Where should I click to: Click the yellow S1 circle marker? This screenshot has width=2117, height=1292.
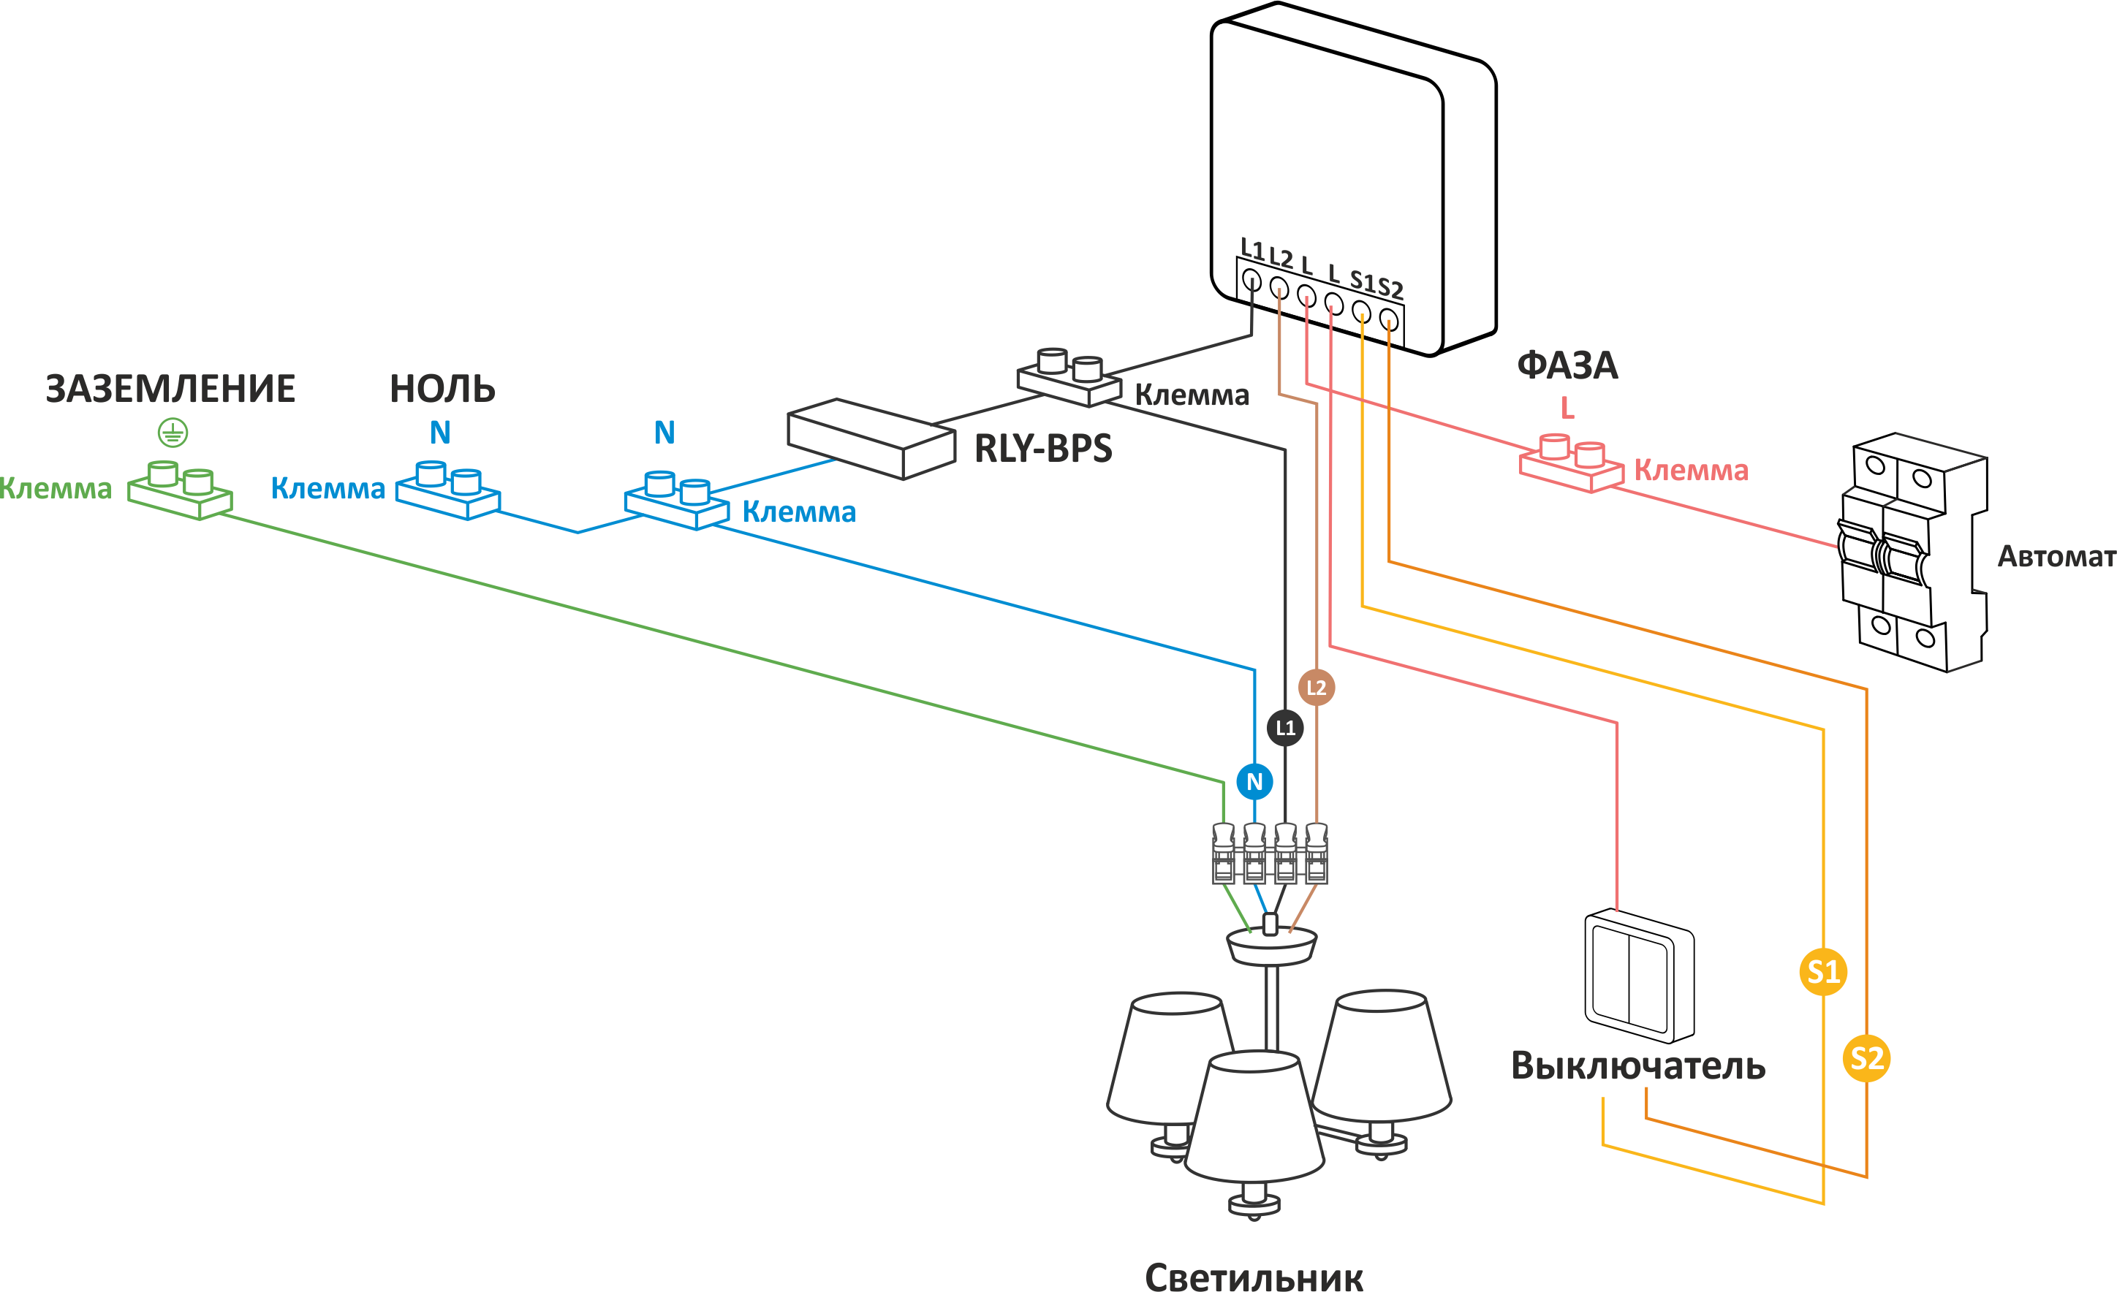(1822, 972)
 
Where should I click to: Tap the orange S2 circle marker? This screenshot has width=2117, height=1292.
(1866, 1058)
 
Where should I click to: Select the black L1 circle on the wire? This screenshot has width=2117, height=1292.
(1285, 728)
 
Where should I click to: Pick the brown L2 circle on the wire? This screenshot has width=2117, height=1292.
(1317, 687)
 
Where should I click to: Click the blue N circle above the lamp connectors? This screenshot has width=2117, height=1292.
(1254, 782)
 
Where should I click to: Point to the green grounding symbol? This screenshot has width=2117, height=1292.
(173, 433)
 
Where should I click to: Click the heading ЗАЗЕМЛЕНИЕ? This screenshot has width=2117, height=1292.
(170, 389)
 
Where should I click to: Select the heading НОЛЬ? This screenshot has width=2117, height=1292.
(442, 389)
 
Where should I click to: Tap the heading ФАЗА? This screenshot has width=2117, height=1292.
(1567, 366)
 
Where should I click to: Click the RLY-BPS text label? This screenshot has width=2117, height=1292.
(1043, 449)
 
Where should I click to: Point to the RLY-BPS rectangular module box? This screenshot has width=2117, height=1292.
(871, 438)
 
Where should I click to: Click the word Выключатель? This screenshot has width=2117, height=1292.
(1637, 1066)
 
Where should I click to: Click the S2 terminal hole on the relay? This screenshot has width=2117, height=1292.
(1388, 320)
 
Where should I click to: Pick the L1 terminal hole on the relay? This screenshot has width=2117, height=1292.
(1251, 280)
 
